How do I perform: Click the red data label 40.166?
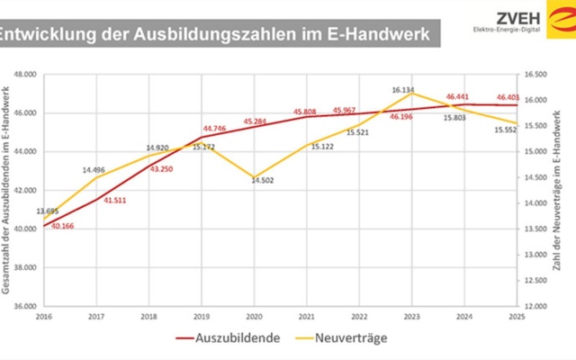tap(62, 226)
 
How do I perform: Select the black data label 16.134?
tap(403, 90)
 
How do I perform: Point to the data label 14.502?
tap(263, 180)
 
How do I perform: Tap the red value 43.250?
tap(161, 169)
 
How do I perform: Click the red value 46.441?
tap(457, 97)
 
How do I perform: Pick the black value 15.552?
tap(506, 130)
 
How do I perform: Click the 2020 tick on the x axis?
tap(254, 317)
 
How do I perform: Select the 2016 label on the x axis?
tap(44, 317)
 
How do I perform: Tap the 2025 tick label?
tap(517, 317)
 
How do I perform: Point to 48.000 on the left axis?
tap(25, 75)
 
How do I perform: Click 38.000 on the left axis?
tap(25, 268)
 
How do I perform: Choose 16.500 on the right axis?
tap(535, 75)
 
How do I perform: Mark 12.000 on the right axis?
tap(535, 306)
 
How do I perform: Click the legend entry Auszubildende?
tap(228, 338)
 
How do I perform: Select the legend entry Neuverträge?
tap(341, 338)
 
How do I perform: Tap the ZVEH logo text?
tap(518, 18)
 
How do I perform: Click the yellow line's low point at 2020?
tap(254, 177)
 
